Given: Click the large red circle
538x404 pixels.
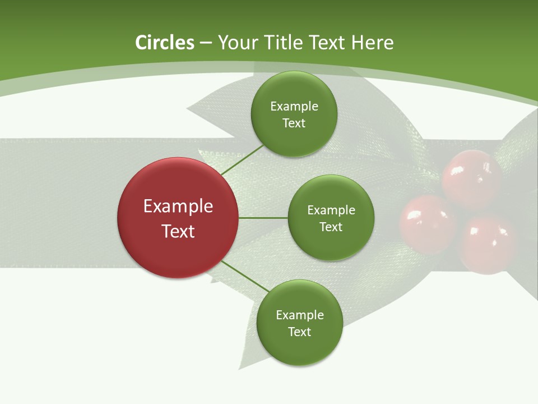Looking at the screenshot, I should tap(178, 218).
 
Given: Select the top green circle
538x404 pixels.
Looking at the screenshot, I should tap(294, 114).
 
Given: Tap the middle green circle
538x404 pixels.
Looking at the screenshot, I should tap(331, 218).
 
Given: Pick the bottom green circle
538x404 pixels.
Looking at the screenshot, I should tap(299, 323).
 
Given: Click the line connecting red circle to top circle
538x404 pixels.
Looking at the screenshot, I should tap(242, 159).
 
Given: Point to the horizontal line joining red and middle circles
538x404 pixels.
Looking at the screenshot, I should tap(263, 218).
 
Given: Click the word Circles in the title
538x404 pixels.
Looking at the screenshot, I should tap(165, 43).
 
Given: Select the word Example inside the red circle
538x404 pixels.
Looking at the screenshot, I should tap(178, 206).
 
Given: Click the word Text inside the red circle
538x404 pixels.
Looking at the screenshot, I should tap(178, 231).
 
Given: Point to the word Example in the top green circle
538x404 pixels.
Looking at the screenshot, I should tap(294, 106).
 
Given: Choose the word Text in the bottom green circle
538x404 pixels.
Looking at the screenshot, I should tap(299, 332).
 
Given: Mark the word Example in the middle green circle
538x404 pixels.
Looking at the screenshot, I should tap(331, 210).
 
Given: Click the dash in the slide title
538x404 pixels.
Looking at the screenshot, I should tap(206, 43).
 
